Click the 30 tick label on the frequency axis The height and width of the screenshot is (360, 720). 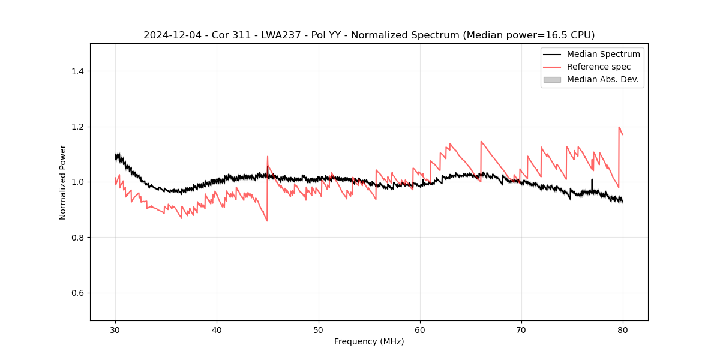(115, 330)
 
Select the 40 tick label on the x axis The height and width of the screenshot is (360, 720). (217, 330)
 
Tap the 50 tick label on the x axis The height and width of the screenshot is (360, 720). (319, 330)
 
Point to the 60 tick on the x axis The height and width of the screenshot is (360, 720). (420, 330)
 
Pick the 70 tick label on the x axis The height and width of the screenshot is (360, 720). (521, 330)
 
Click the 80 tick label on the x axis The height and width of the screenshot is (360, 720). (623, 330)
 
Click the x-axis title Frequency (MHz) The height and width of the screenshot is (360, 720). (369, 341)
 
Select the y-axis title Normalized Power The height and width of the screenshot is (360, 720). (63, 182)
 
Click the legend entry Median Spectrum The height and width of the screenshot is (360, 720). (603, 54)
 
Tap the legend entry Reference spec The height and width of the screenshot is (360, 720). (599, 67)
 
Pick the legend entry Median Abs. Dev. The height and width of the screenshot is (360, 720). (602, 79)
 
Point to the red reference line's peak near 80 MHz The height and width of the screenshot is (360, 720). (619, 127)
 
